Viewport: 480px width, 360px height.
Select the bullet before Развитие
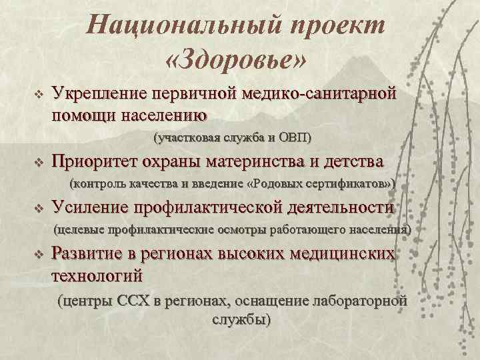point(38,254)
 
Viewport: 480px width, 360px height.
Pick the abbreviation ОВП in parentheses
point(293,138)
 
